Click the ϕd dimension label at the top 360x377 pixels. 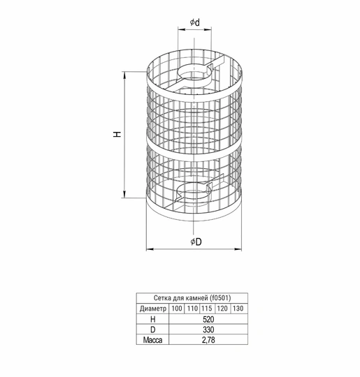click(x=195, y=22)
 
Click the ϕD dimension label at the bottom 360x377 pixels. click(x=196, y=242)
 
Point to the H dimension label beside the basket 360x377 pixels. click(x=117, y=134)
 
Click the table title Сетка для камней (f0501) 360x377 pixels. click(x=192, y=298)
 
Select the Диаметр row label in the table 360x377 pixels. click(x=153, y=309)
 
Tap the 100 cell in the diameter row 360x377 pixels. click(x=177, y=309)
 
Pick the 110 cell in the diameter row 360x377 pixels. click(x=192, y=309)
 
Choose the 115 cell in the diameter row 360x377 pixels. click(x=207, y=309)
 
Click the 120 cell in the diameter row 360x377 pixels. click(x=222, y=309)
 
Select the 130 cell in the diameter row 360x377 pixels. click(x=238, y=309)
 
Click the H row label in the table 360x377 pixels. click(x=152, y=319)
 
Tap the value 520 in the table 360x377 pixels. click(x=208, y=319)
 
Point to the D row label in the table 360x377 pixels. click(x=152, y=330)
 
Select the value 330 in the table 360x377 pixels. click(x=208, y=330)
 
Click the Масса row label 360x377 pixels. click(x=152, y=340)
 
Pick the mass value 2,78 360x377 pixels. click(x=208, y=340)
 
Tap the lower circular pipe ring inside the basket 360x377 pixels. click(x=178, y=193)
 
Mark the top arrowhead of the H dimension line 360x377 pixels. click(x=124, y=75)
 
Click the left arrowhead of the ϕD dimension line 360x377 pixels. click(x=150, y=249)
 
